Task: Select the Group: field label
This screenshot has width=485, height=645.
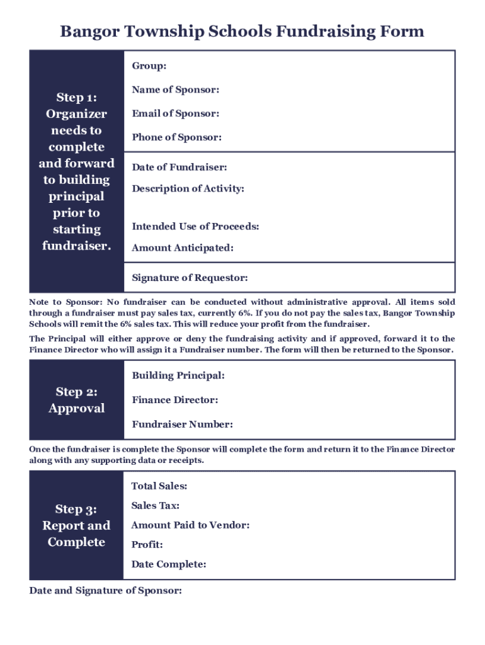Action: point(149,66)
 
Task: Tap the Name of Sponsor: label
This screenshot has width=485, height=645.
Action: point(175,90)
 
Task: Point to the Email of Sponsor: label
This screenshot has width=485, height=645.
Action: point(175,113)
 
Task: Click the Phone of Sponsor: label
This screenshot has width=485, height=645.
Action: point(176,137)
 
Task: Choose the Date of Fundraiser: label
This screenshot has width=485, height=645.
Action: point(180,167)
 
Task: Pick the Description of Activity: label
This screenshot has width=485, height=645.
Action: point(188,188)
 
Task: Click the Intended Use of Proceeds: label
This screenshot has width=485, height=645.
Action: point(195,226)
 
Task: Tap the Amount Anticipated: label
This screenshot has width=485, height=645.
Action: point(183,248)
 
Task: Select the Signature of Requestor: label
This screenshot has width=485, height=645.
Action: point(190,278)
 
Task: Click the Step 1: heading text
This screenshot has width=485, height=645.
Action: point(76,98)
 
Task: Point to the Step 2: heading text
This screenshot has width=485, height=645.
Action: point(76,392)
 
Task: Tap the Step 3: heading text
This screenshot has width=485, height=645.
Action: point(76,509)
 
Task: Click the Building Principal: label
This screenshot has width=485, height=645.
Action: point(178,375)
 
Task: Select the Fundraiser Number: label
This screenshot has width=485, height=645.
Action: point(182,424)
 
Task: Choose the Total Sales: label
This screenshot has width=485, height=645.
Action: point(159,486)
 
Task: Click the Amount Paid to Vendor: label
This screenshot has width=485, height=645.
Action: point(190,525)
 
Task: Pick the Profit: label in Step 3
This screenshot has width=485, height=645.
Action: point(147,544)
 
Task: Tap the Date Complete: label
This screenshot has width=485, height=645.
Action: point(168,564)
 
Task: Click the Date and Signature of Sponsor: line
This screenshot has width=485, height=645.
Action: point(105,591)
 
